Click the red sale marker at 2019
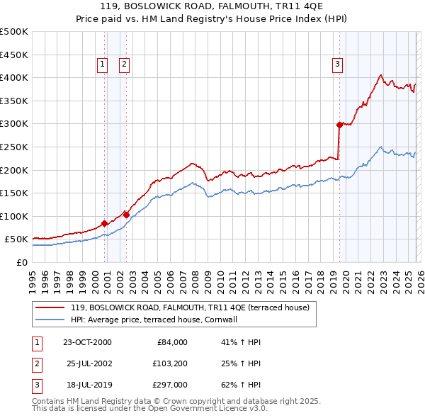(339, 125)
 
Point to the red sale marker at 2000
(105, 223)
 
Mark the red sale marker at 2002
(126, 214)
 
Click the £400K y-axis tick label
(14, 78)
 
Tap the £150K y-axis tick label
(14, 193)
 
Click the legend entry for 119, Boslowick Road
(189, 308)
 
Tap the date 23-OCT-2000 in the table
(87, 342)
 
